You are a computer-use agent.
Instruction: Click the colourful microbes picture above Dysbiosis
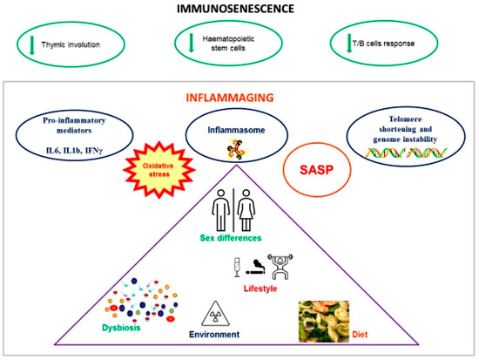coord(139,302)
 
